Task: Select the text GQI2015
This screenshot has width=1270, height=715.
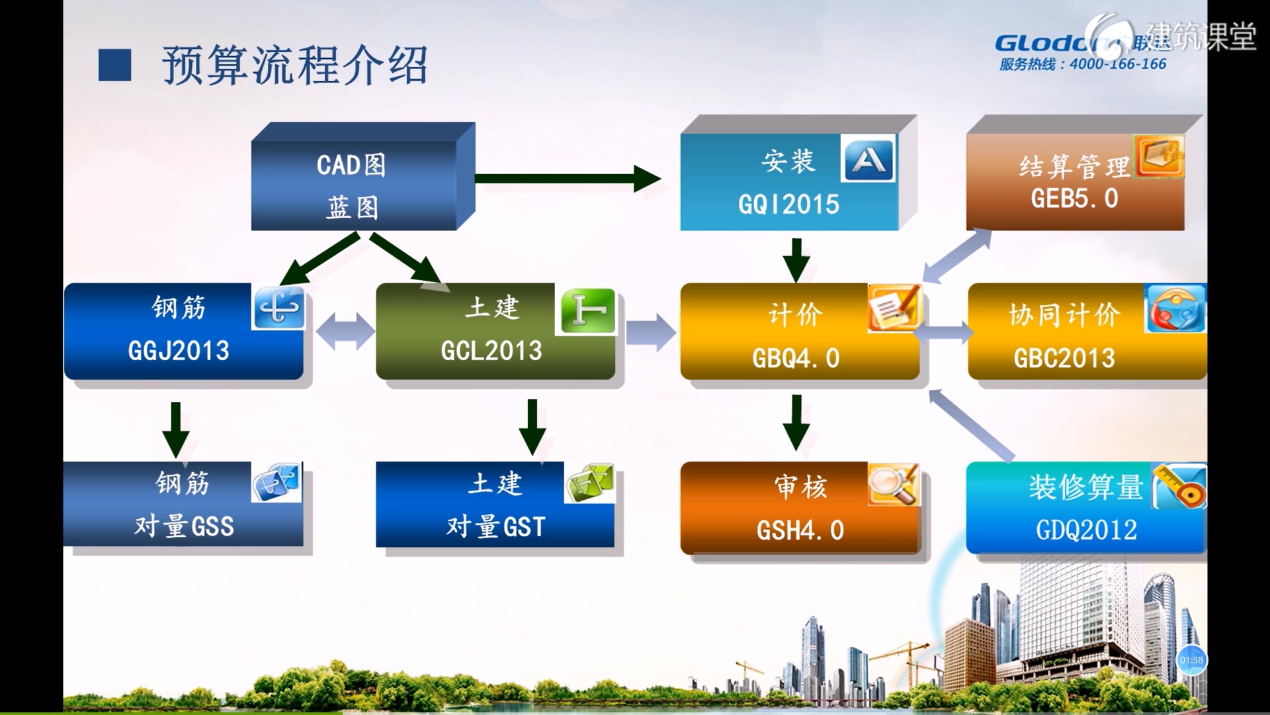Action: (x=788, y=205)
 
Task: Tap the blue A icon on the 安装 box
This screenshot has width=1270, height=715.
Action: (x=868, y=159)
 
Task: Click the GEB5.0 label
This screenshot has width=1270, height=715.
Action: (x=1074, y=199)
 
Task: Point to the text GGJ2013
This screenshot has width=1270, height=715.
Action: (x=179, y=351)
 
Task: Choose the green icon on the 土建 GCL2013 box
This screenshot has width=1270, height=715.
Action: (x=587, y=311)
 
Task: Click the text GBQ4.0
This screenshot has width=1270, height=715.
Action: (x=796, y=358)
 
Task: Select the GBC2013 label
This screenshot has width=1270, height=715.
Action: (x=1064, y=358)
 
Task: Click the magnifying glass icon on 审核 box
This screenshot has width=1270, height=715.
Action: (x=893, y=484)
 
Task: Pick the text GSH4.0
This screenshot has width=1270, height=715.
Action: (x=800, y=530)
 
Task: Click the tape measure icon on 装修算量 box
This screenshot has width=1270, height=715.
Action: (x=1181, y=487)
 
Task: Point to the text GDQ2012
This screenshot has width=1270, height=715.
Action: (x=1086, y=530)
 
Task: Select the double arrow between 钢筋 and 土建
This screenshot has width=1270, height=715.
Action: (x=345, y=331)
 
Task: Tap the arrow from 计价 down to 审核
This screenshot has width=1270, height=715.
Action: (x=796, y=422)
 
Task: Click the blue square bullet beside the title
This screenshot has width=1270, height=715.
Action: (x=114, y=65)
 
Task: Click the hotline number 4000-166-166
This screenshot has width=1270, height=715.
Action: (x=1118, y=64)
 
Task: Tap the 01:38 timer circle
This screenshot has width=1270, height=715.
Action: (x=1191, y=660)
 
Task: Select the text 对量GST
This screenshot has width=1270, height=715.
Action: (x=495, y=527)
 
